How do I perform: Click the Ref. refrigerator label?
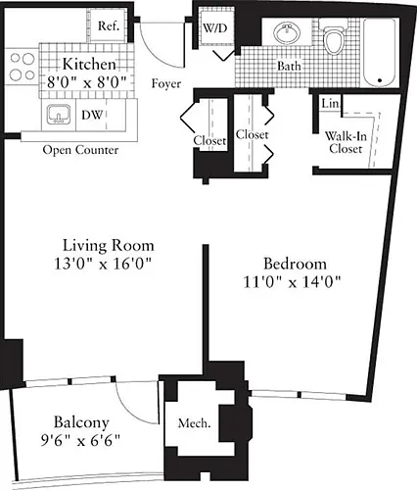[x=109, y=25]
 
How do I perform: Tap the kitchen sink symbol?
[x=59, y=115]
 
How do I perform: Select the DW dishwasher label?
[x=92, y=115]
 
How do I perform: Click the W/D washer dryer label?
[x=215, y=28]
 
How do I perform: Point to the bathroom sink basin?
[x=287, y=33]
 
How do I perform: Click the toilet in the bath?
[x=333, y=36]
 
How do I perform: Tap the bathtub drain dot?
[x=380, y=80]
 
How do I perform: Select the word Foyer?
[x=166, y=84]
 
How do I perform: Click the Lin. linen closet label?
[x=330, y=104]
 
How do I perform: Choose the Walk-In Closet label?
[x=346, y=142]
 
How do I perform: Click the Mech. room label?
[x=194, y=423]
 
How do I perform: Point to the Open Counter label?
[x=80, y=150]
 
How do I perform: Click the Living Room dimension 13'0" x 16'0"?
[x=103, y=264]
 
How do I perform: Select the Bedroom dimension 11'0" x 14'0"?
[x=293, y=282]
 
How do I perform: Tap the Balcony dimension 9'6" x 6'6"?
[x=80, y=440]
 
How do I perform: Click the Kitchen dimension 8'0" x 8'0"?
[x=87, y=82]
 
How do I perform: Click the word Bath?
[x=289, y=67]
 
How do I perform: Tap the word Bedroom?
[x=295, y=264]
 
